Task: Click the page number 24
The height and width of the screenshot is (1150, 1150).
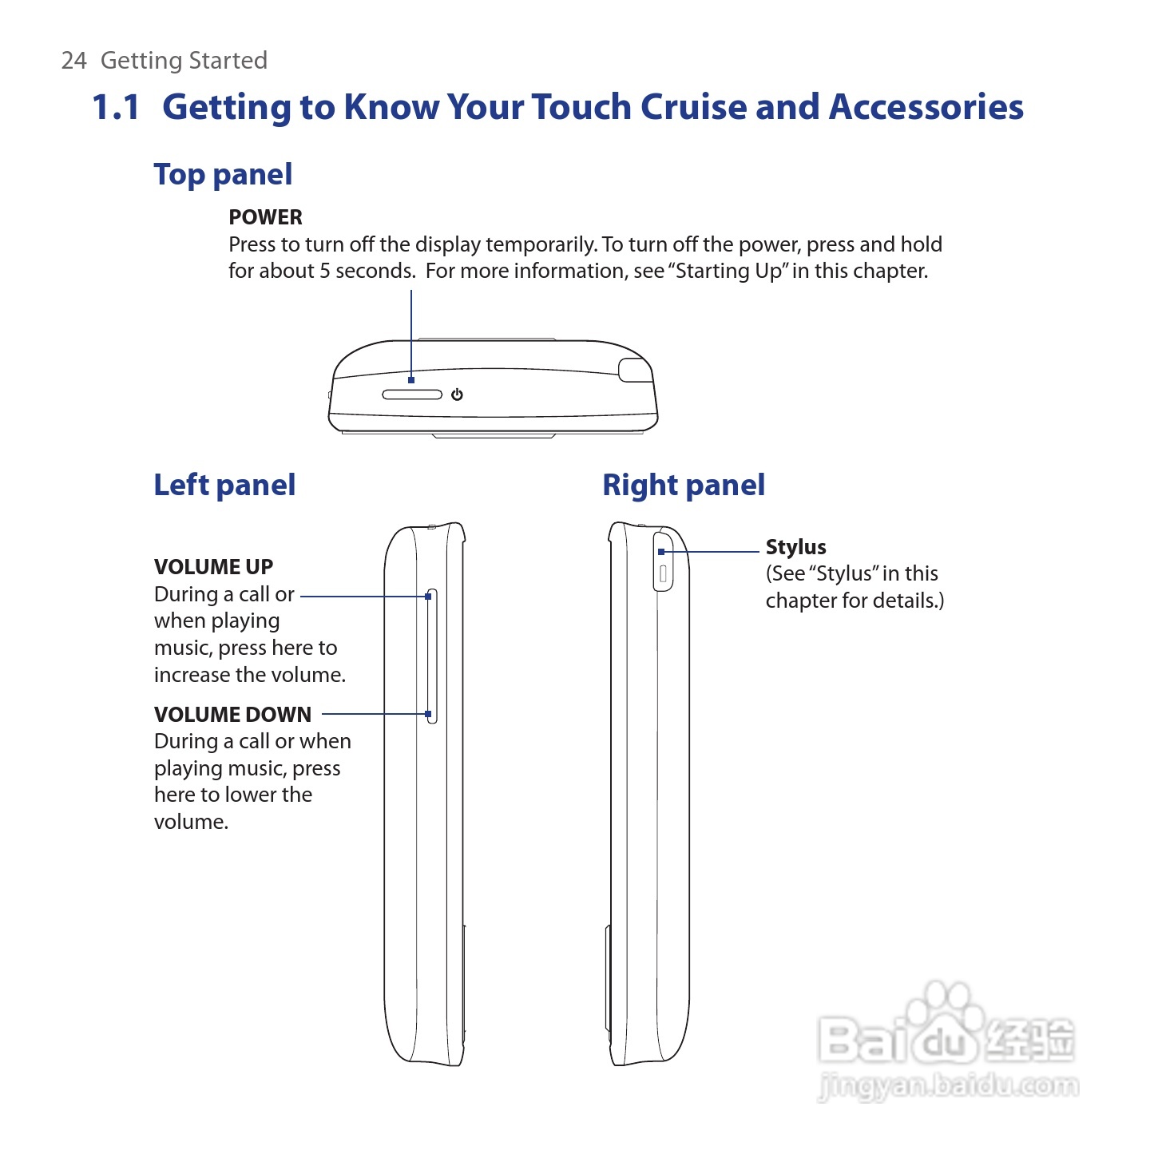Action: point(73,61)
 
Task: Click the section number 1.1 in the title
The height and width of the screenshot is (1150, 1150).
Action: point(116,108)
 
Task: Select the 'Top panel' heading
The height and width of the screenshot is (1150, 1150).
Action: point(223,175)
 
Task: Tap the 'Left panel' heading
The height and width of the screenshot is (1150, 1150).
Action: point(224,486)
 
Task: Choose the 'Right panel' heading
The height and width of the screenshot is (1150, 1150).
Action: point(684,486)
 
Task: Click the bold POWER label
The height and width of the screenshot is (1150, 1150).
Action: point(265,217)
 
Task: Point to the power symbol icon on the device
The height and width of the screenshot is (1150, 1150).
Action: point(457,395)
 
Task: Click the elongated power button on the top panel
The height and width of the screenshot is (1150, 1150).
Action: point(412,395)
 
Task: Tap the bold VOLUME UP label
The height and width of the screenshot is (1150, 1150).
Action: point(213,567)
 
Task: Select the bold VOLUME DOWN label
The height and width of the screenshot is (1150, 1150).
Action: point(232,715)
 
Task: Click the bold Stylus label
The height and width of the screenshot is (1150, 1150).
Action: point(795,547)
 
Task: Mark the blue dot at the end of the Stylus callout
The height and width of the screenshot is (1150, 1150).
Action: point(661,552)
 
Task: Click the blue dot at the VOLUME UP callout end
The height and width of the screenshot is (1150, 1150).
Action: point(429,597)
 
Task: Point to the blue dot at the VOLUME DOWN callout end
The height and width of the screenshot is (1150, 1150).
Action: point(429,714)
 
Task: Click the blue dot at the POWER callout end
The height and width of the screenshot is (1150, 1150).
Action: point(411,380)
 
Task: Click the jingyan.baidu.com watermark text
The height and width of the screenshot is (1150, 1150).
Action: point(948,1087)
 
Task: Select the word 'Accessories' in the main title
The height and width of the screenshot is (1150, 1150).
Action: point(926,108)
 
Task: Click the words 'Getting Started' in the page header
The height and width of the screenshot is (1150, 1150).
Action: point(184,61)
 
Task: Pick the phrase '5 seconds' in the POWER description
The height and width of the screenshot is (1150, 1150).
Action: point(367,272)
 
